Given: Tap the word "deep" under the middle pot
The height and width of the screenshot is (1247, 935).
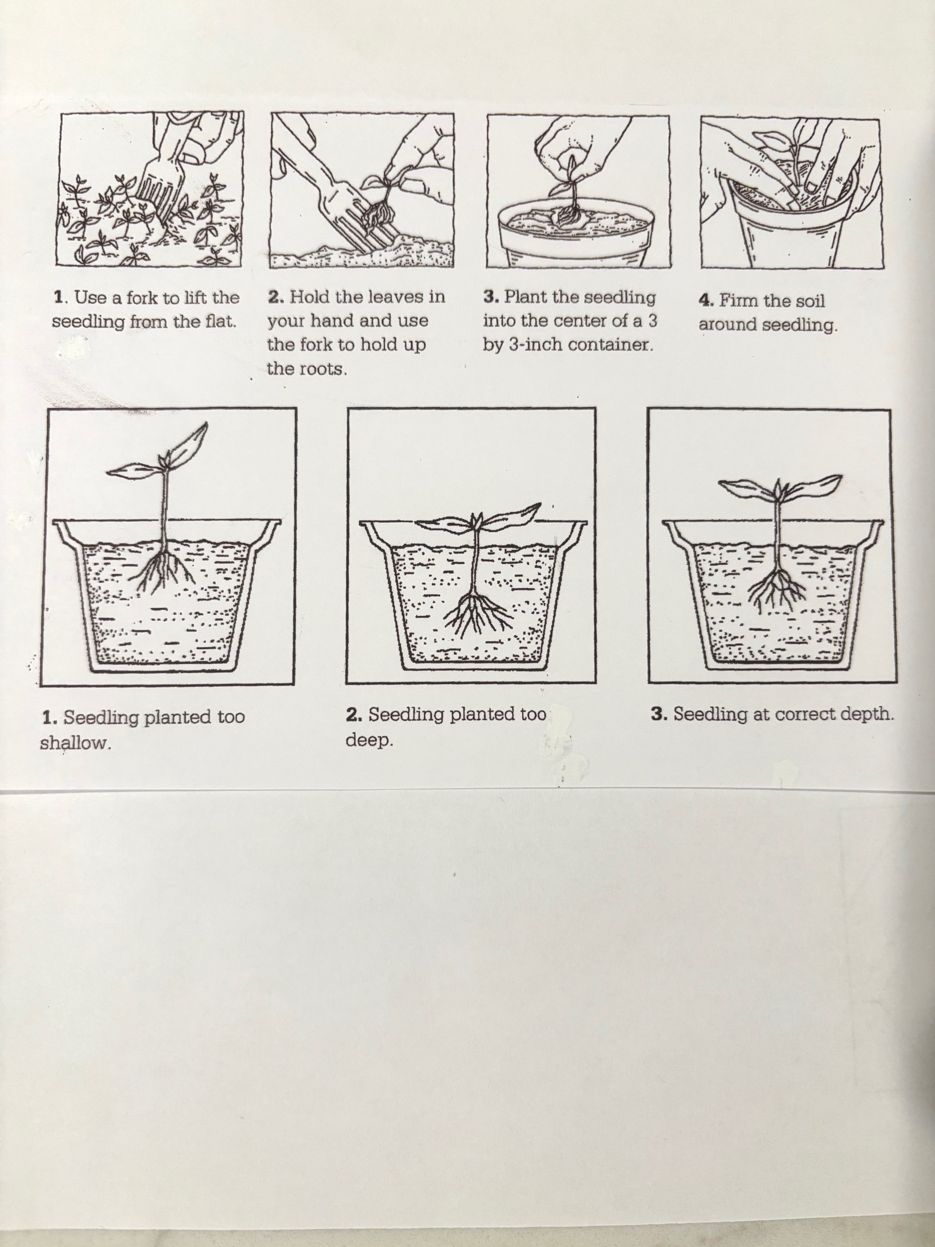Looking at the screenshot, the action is pos(369,740).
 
